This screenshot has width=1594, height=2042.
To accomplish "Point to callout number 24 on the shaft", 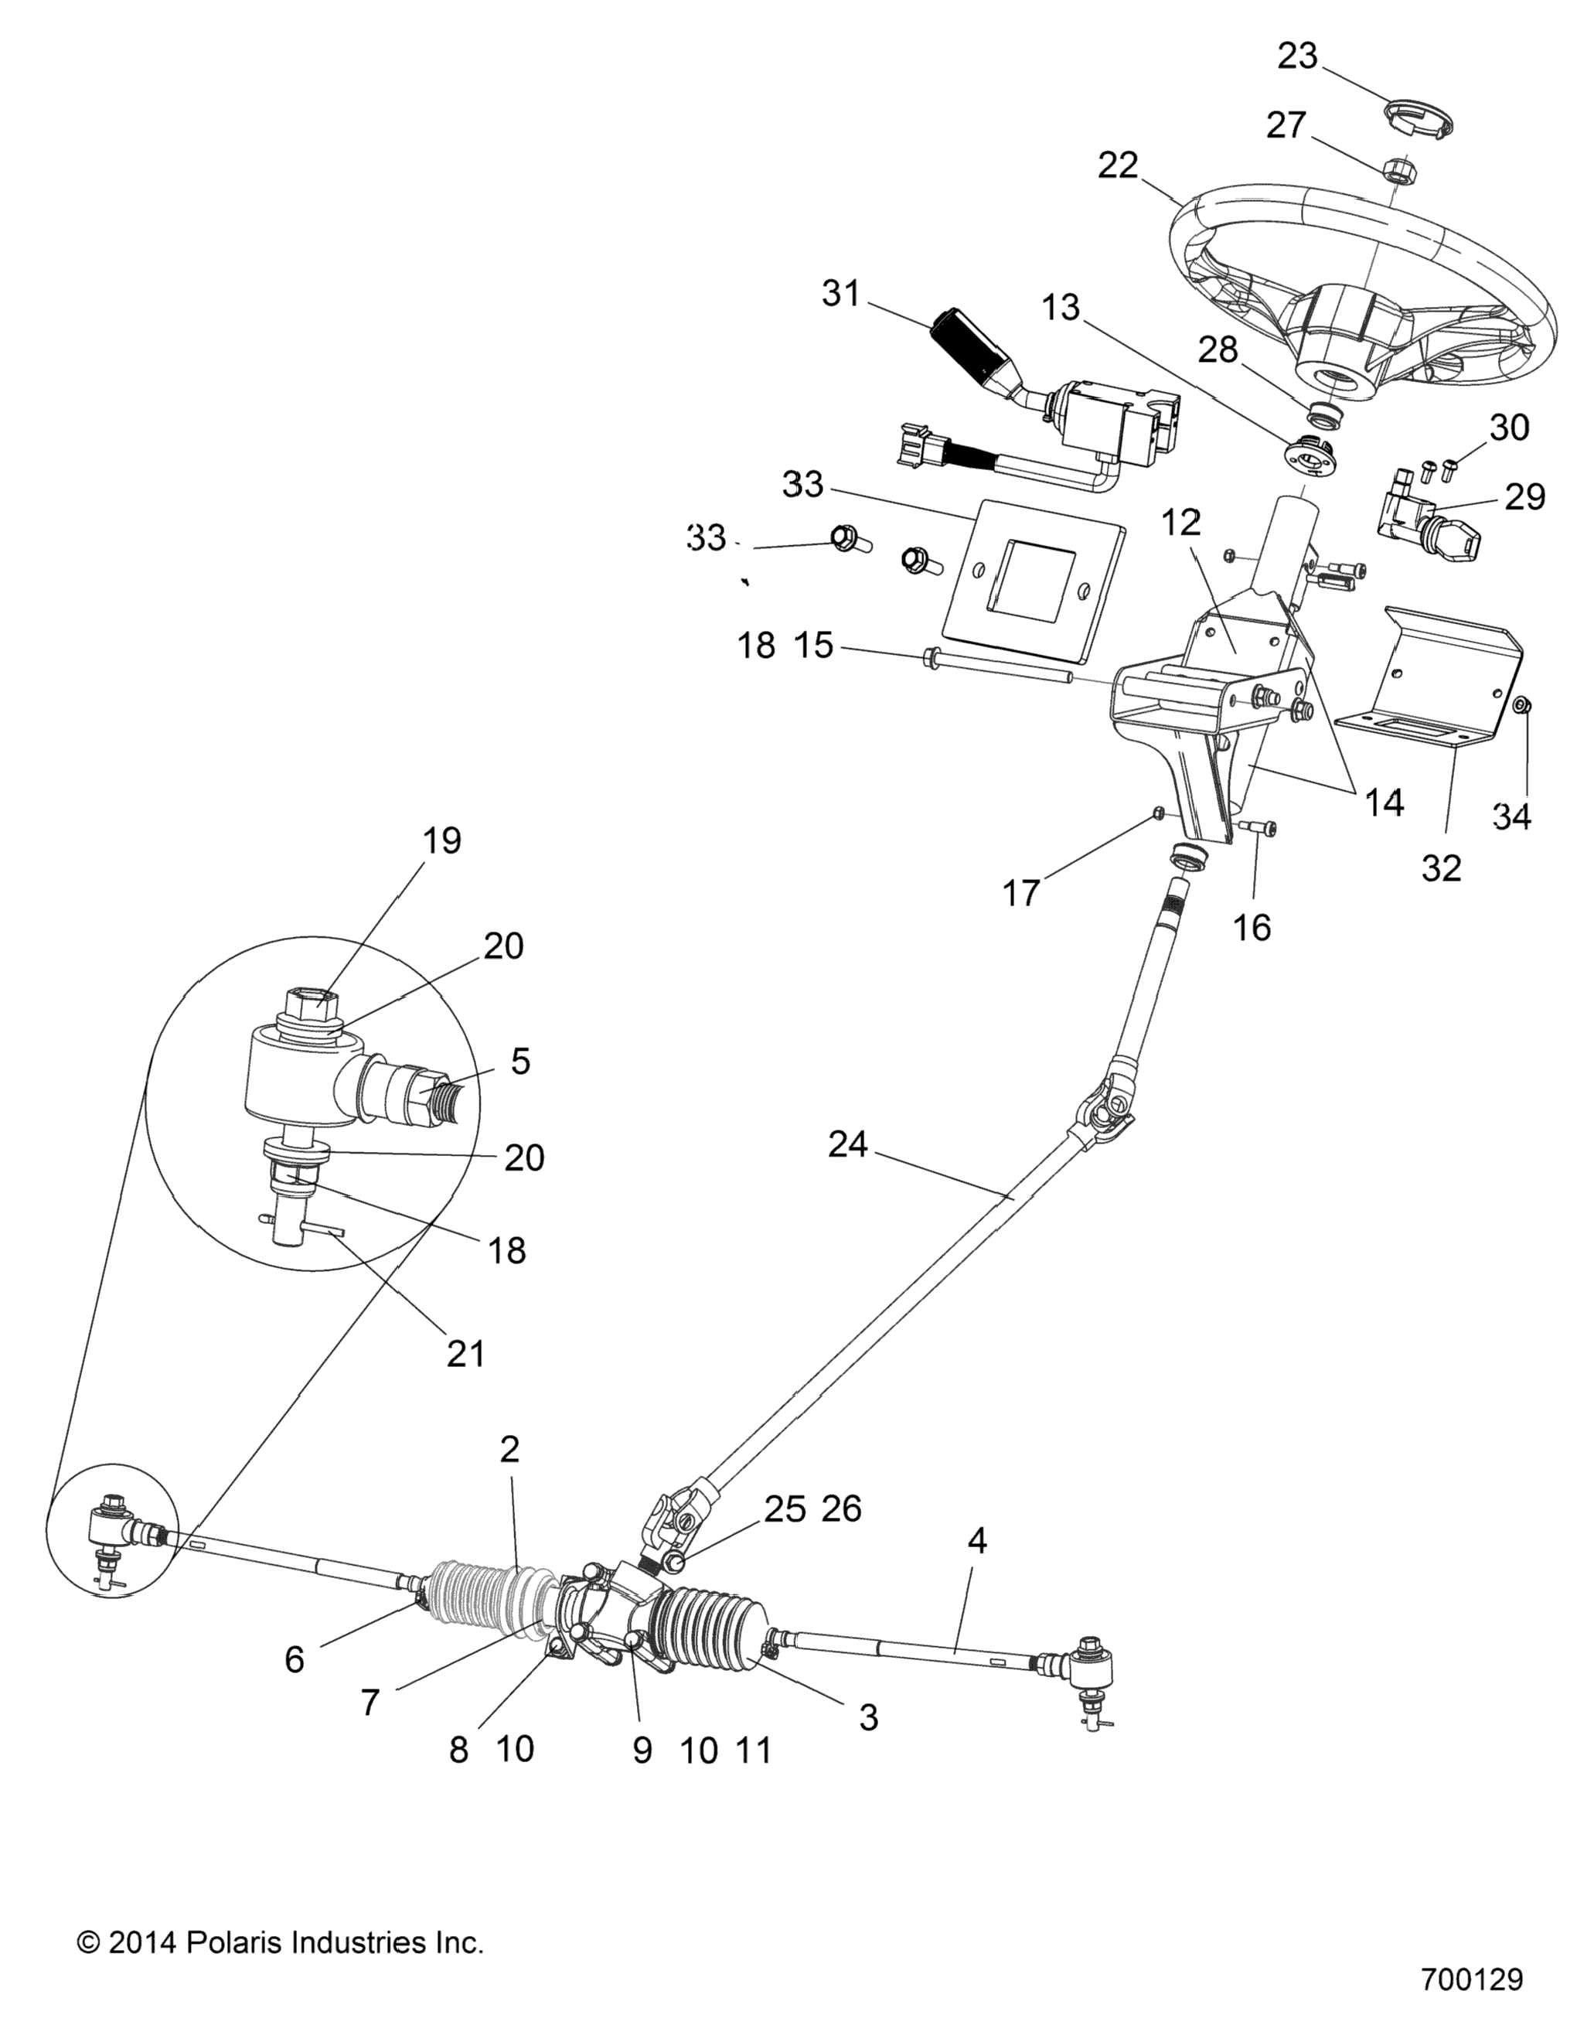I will [848, 1144].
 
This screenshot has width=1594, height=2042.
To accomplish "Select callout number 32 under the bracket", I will [1441, 868].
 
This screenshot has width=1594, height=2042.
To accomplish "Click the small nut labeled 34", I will [1521, 704].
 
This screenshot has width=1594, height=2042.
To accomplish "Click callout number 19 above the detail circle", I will [441, 840].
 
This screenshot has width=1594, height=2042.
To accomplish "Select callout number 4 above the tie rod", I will [977, 1540].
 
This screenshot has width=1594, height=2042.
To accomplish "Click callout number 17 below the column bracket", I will [1021, 894].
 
